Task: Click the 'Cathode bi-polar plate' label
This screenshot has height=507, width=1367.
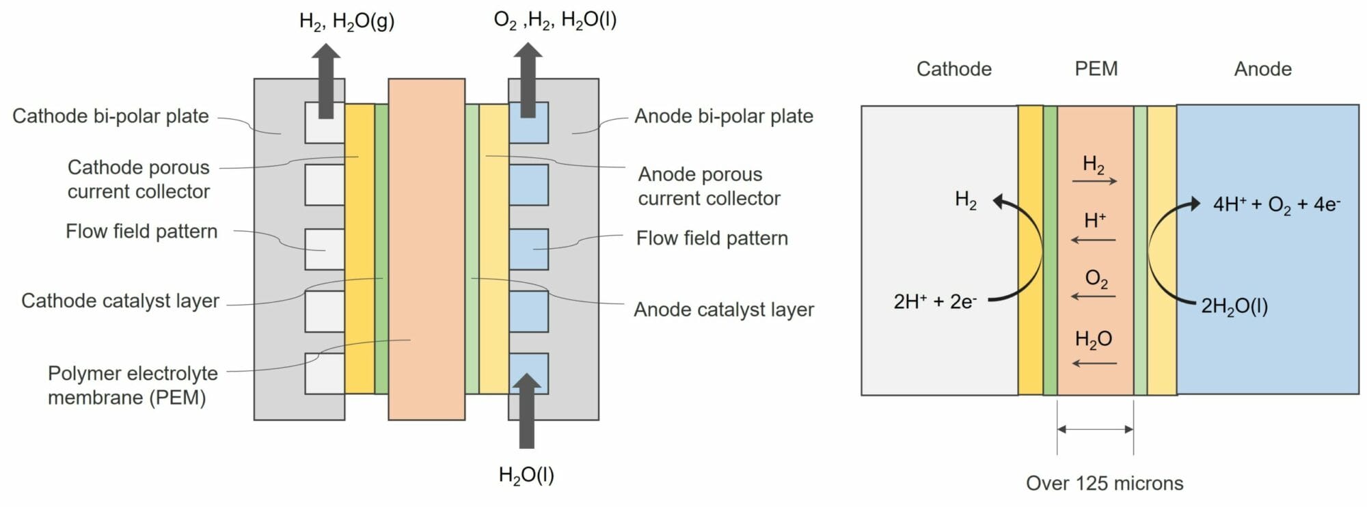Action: click(x=110, y=116)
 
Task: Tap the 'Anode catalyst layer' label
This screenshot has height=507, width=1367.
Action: click(x=723, y=310)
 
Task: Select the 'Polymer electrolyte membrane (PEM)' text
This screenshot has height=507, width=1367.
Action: click(x=133, y=385)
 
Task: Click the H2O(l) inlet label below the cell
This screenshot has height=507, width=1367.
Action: click(x=526, y=475)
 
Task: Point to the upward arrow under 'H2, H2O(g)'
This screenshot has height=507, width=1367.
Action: click(x=326, y=81)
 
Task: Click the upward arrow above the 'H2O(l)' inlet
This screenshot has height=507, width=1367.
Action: click(x=526, y=410)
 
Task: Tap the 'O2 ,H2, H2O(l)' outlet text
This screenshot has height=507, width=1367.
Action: click(x=555, y=20)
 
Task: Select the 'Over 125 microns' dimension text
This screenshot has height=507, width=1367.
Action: click(x=1104, y=483)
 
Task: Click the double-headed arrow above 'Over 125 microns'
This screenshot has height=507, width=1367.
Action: click(x=1095, y=429)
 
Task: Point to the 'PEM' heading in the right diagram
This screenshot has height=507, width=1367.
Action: click(x=1096, y=69)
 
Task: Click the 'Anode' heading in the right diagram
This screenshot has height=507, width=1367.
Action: click(x=1262, y=69)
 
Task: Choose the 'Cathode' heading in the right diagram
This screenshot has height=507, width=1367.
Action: click(x=953, y=69)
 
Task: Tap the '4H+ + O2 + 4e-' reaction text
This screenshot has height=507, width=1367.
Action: click(x=1276, y=204)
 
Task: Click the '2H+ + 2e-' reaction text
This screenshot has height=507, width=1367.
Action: click(x=934, y=301)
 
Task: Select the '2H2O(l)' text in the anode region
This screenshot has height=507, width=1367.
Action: click(x=1234, y=306)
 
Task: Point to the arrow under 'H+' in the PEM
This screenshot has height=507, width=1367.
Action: click(x=1094, y=240)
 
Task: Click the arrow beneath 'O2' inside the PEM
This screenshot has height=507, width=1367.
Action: click(x=1094, y=296)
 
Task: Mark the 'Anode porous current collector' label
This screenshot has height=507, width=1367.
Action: click(x=708, y=186)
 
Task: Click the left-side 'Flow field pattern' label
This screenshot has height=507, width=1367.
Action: click(x=141, y=232)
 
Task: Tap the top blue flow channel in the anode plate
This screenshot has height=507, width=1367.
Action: click(x=529, y=123)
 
